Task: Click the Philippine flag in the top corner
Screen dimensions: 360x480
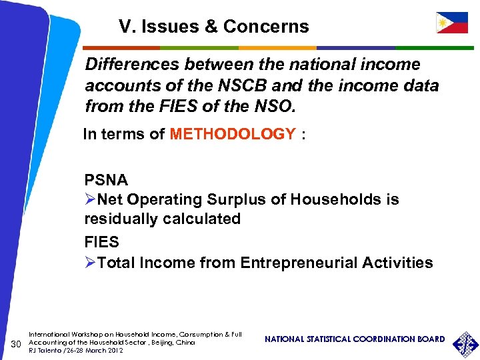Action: [451, 23]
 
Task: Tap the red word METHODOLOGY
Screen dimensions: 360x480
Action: [233, 134]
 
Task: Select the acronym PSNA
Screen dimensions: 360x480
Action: [106, 180]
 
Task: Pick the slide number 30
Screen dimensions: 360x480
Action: [18, 343]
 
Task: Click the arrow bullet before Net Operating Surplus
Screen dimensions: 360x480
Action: [91, 200]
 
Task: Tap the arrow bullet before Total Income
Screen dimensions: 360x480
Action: [91, 263]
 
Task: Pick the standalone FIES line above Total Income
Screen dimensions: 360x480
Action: [101, 241]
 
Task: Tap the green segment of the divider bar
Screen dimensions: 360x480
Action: [199, 48]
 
